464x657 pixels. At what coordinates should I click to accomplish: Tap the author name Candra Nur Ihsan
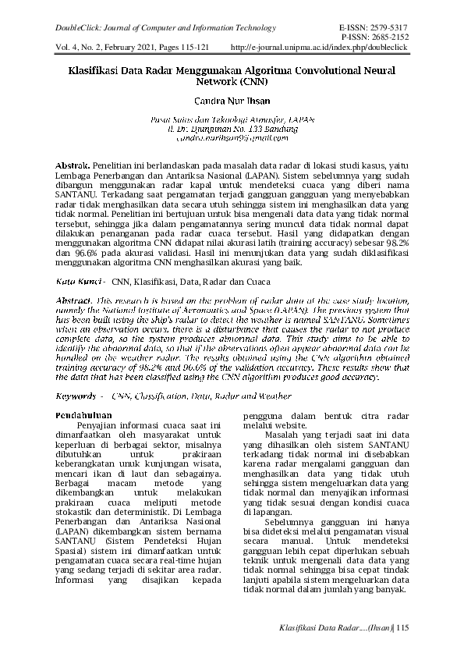click(232, 101)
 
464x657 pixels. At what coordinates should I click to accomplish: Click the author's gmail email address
click(232, 137)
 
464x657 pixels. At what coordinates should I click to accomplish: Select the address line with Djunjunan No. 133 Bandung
click(232, 129)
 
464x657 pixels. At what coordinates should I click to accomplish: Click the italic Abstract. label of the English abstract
click(74, 300)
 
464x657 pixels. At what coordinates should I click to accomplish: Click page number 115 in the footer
click(402, 628)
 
